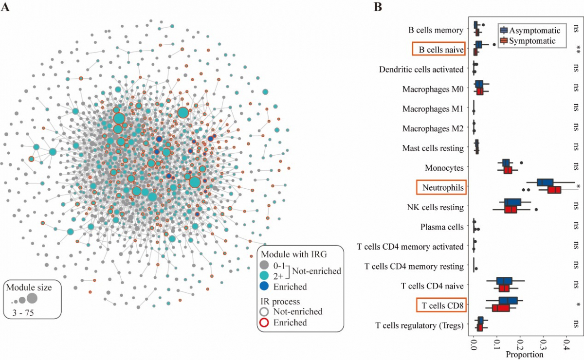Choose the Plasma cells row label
[441, 227]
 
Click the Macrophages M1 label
[433, 108]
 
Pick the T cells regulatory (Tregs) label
[420, 325]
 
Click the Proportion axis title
[525, 354]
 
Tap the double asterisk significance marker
[578, 49]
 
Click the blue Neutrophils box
[545, 182]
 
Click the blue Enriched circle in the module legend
[264, 287]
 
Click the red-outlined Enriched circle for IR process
[264, 322]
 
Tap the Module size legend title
[29, 288]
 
